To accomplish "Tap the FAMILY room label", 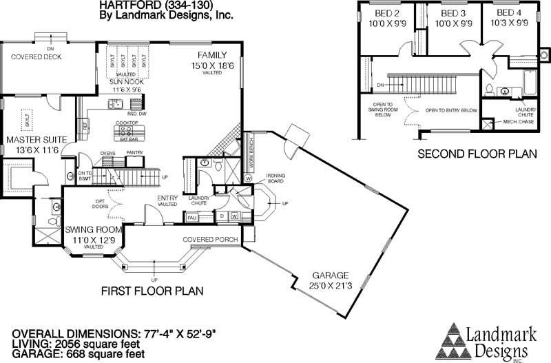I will click(212, 54).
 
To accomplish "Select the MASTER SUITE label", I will click(36, 140).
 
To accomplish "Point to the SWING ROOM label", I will click(94, 229).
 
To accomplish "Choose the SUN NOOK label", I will click(127, 81).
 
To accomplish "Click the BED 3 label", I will click(454, 13).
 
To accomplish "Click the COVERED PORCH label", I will click(211, 239).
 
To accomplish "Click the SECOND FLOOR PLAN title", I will click(477, 156).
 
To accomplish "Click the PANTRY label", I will click(135, 153).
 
